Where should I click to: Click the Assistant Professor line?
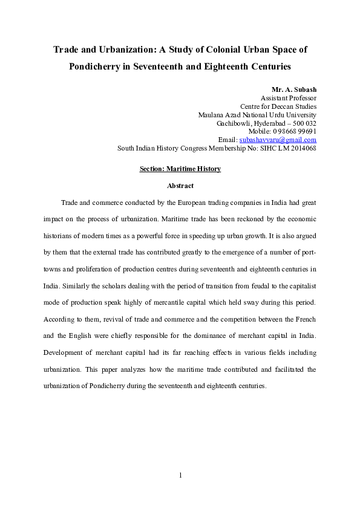pos(288,98)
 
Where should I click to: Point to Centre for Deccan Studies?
pos(278,106)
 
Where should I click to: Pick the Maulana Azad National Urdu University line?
pos(257,115)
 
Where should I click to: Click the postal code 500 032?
pos(304,123)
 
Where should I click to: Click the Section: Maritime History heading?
pos(180,169)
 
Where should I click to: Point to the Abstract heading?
pos(180,186)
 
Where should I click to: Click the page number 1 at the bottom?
pos(180,475)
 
